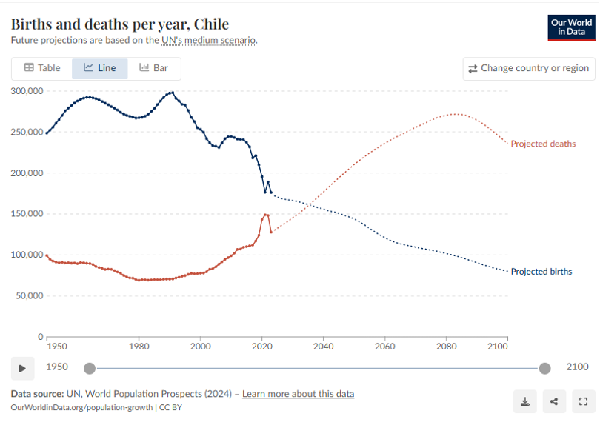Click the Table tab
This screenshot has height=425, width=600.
tap(41, 68)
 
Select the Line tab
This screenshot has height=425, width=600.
tap(99, 68)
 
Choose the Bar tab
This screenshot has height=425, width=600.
tap(154, 68)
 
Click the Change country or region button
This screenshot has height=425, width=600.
tap(528, 69)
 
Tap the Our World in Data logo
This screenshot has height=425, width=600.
tap(571, 27)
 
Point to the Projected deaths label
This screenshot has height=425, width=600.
tap(543, 144)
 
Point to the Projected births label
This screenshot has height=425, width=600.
tap(541, 272)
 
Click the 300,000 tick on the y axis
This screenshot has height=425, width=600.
tap(26, 91)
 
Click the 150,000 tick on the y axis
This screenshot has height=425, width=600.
tap(26, 214)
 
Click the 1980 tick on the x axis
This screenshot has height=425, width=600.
tap(139, 346)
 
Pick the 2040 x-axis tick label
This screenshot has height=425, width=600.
tap(323, 346)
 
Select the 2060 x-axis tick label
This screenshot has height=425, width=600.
tap(384, 346)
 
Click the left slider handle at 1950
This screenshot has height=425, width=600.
tap(90, 368)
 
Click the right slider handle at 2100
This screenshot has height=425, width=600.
tap(545, 368)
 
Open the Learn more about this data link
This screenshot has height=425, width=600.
tap(298, 394)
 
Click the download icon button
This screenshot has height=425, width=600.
tap(525, 401)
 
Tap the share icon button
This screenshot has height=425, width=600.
tap(554, 401)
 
